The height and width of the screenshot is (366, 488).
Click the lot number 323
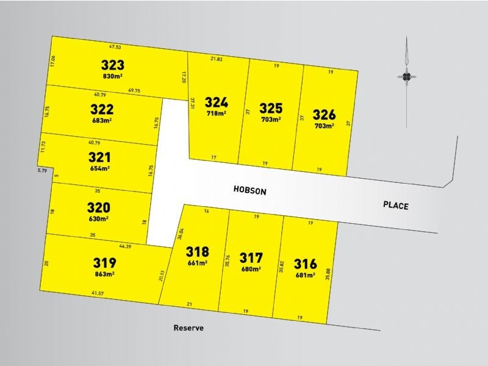click(x=112, y=65)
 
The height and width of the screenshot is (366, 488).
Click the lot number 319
click(x=104, y=263)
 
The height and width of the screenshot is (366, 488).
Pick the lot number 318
click(x=198, y=251)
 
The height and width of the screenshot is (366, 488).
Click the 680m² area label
click(x=251, y=269)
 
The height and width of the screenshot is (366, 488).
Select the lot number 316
click(x=305, y=264)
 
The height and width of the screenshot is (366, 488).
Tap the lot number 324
click(x=217, y=102)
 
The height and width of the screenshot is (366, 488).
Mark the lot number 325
click(x=271, y=108)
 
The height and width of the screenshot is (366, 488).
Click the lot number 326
click(x=324, y=114)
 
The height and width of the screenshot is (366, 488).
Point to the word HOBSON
click(x=250, y=190)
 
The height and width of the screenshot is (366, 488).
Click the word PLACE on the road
click(x=396, y=206)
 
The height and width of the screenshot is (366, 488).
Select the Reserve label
click(x=188, y=328)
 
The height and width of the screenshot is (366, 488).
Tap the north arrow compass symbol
click(x=406, y=77)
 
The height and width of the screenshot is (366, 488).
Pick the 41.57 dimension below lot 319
click(x=98, y=294)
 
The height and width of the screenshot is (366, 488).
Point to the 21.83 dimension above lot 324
click(x=216, y=59)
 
